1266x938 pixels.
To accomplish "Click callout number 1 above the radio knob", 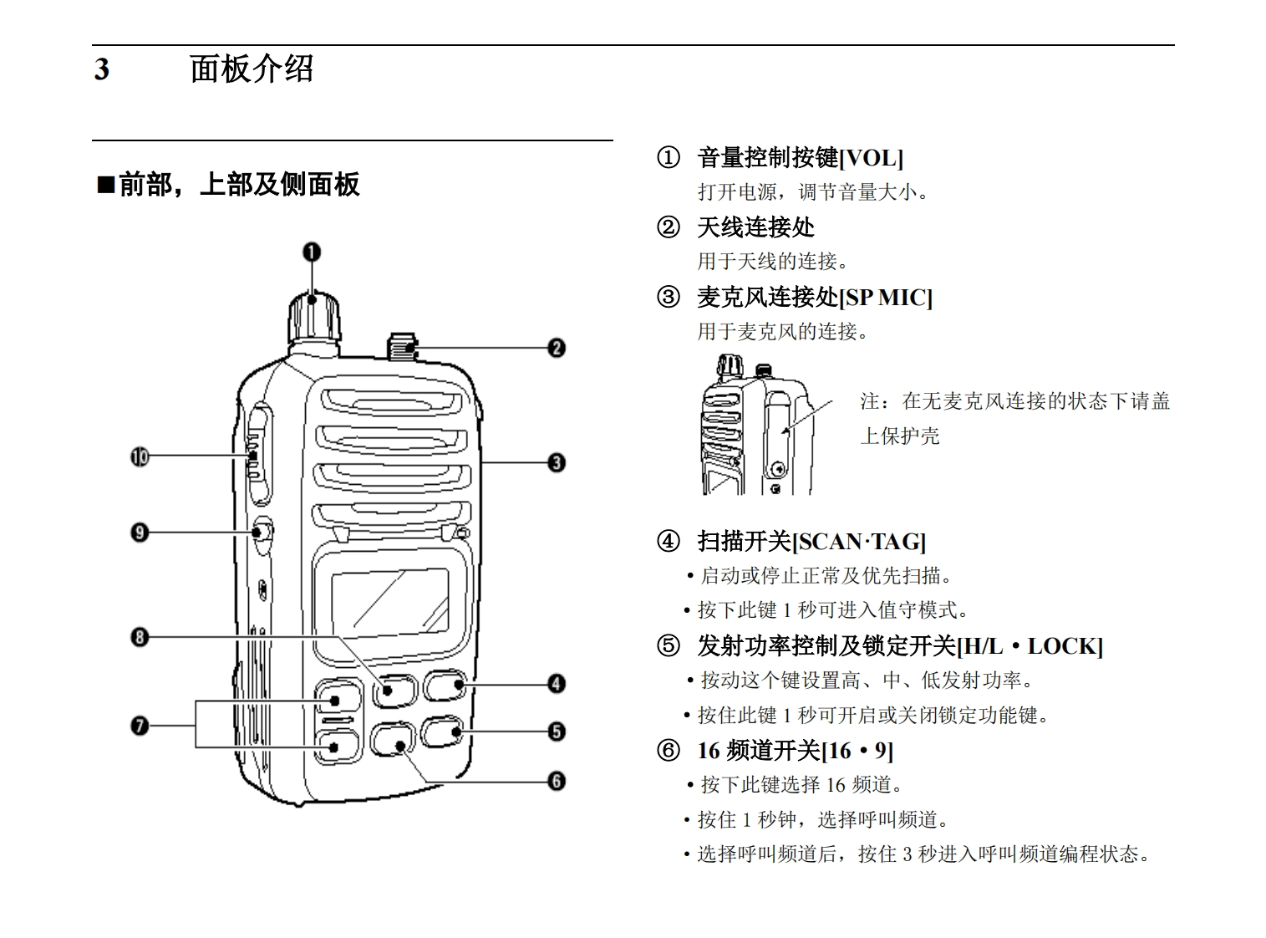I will click(312, 252).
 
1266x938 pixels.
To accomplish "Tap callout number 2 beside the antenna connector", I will click(557, 348).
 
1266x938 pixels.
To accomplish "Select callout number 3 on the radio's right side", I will click(557, 462).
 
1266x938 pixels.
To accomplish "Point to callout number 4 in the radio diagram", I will click(557, 684).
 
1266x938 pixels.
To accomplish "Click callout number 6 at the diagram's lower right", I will click(557, 781).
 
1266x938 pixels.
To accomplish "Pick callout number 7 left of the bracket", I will click(140, 725).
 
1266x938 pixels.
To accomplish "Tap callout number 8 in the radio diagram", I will click(140, 637).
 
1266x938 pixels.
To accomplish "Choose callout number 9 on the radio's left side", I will click(140, 533).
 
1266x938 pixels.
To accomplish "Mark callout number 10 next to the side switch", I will click(140, 456).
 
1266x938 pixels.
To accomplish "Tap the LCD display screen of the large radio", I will click(389, 599).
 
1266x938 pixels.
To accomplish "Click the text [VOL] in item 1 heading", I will click(871, 158).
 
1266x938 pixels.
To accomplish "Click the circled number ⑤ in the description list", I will click(669, 646).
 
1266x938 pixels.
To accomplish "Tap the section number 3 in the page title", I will click(101, 69).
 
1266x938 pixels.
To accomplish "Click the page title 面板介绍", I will click(252, 69).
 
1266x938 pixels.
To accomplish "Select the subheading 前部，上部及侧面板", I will click(238, 184).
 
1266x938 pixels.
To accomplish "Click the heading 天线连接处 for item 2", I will click(755, 227).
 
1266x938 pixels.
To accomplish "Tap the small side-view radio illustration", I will click(756, 426).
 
